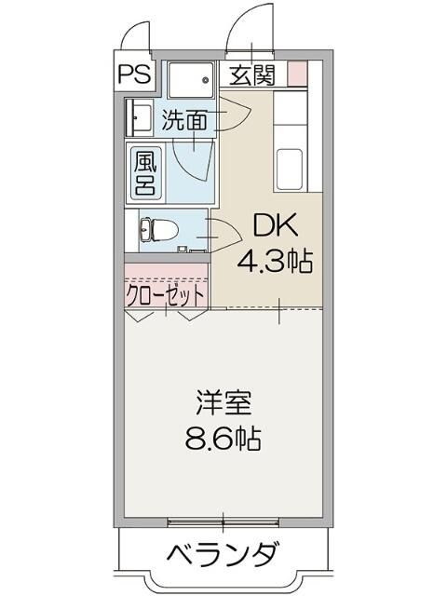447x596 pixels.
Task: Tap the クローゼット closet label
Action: (166, 294)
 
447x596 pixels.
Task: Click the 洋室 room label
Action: (223, 406)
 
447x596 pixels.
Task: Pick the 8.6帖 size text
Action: (223, 439)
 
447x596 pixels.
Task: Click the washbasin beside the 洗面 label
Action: (141, 118)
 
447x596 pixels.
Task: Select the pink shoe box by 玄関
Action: (297, 73)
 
